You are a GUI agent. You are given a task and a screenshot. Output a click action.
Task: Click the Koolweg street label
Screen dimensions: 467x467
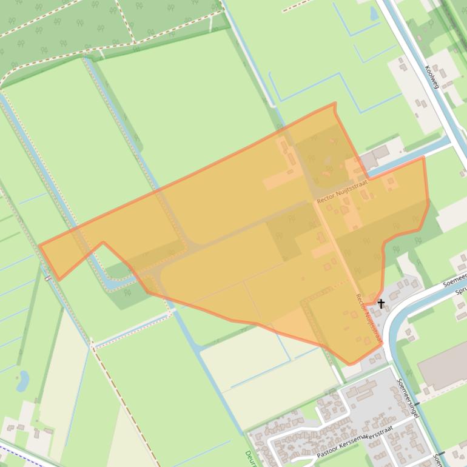(x=432, y=77)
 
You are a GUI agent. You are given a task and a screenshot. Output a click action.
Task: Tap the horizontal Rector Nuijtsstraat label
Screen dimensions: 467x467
(x=342, y=191)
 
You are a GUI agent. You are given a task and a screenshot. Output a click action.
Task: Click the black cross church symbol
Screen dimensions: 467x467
(x=381, y=303)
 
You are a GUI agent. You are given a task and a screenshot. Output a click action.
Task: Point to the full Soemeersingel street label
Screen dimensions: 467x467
(x=408, y=398)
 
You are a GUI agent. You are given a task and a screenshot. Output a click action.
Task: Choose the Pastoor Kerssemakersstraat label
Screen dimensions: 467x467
(x=355, y=442)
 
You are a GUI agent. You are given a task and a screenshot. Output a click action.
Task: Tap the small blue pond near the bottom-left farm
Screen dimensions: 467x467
(x=23, y=381)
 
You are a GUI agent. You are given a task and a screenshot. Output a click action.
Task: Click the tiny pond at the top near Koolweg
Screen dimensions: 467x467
(x=374, y=13)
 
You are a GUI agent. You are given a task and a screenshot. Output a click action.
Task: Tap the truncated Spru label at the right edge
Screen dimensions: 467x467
(x=460, y=292)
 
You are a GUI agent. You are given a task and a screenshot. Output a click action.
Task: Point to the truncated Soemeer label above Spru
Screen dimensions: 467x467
(x=454, y=283)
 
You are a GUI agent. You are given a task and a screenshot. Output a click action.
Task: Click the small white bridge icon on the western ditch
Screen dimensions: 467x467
(x=47, y=278)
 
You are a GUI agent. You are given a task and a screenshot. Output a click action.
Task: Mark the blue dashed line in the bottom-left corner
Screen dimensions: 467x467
(x=18, y=452)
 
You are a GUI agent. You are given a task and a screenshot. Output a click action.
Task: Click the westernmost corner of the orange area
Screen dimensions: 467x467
(x=39, y=246)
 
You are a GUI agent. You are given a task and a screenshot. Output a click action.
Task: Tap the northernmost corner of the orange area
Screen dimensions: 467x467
(x=334, y=104)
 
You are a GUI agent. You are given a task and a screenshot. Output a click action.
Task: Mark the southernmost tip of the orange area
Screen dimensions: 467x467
(x=349, y=365)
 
